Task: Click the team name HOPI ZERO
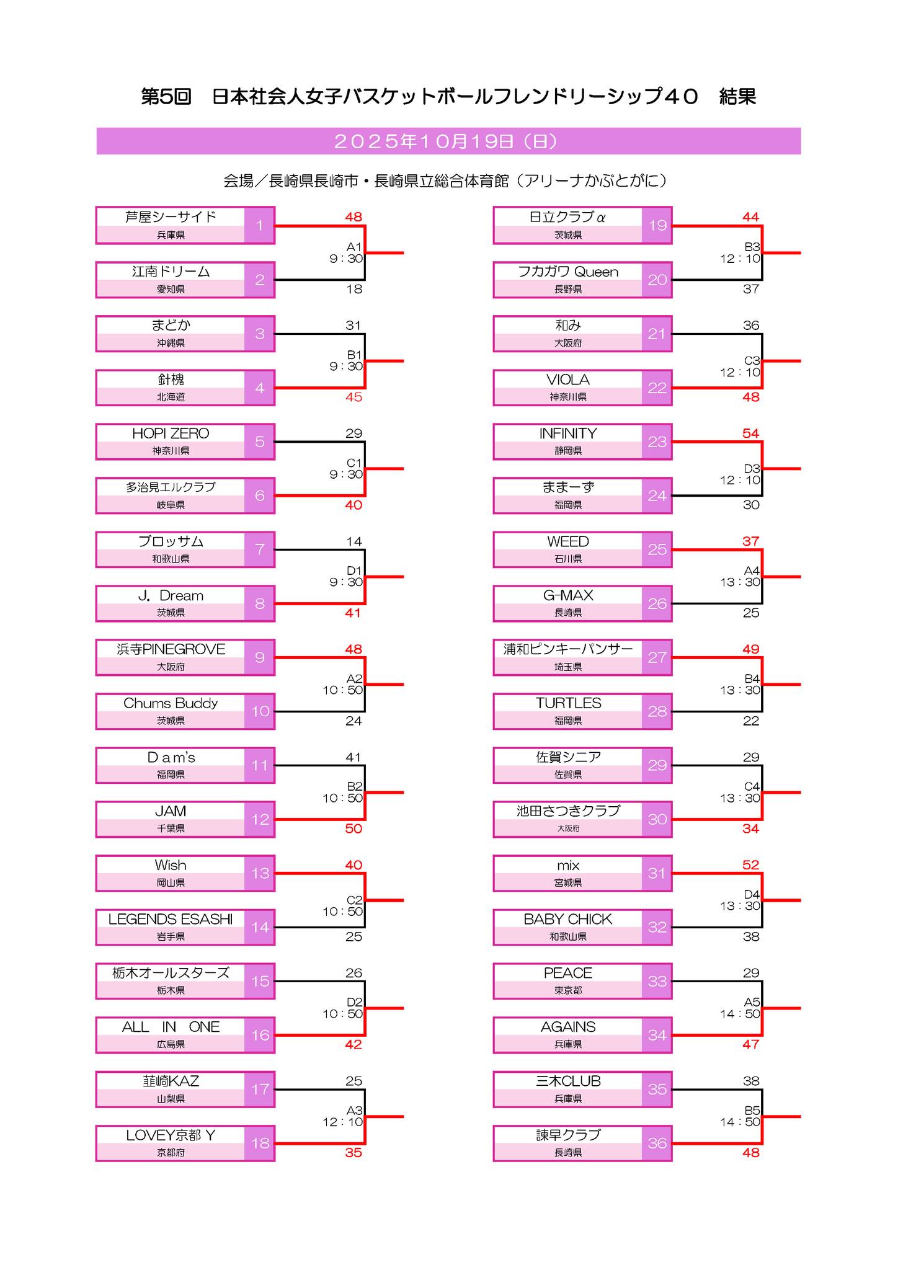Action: pos(171,433)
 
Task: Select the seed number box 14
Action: pos(260,927)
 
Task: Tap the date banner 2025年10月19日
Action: pos(448,141)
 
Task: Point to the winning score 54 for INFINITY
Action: pos(750,433)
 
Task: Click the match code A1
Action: pos(354,247)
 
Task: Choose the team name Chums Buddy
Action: pos(171,703)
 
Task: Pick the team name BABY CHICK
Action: pos(567,919)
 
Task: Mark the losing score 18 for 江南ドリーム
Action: pos(354,289)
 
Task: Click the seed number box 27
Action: pos(657,657)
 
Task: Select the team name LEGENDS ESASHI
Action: pos(171,919)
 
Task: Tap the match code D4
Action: pos(752,894)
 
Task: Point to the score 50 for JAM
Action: pos(353,828)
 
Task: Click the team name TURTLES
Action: pos(568,703)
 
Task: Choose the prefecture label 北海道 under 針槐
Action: pos(171,397)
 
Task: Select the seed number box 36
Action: pos(657,1143)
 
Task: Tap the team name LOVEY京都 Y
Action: pos(171,1135)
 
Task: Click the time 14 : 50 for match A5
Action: pos(740,1014)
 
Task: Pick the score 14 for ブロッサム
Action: pos(354,541)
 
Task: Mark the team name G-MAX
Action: pos(568,595)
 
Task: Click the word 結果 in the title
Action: pos(737,97)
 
